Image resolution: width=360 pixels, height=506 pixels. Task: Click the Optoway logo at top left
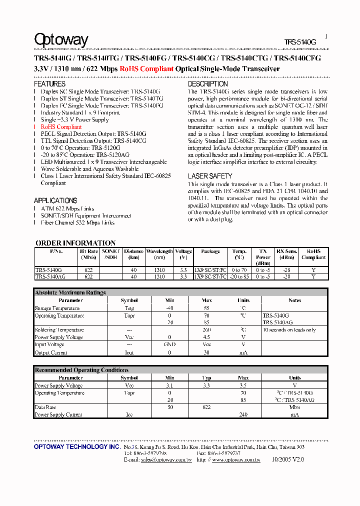(x=61, y=39)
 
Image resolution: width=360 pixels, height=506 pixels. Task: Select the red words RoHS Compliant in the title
(x=146, y=69)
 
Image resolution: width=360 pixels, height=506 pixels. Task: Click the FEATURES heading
(x=49, y=84)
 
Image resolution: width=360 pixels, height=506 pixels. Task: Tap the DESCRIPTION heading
(x=207, y=84)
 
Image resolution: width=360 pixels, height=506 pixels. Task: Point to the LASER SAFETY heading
(x=210, y=176)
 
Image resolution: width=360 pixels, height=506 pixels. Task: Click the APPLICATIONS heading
(x=55, y=200)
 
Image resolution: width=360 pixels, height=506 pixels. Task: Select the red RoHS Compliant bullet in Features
(x=61, y=127)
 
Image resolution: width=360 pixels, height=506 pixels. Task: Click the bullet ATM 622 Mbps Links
(x=67, y=208)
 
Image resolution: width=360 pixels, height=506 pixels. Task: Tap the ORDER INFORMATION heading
(x=75, y=243)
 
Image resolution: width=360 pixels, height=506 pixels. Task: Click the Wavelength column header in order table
(x=159, y=251)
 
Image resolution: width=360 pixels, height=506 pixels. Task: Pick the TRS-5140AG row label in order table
(x=50, y=276)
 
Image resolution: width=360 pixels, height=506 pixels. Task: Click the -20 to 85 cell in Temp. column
(x=239, y=276)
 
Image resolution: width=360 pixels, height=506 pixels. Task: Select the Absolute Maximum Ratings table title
(x=70, y=292)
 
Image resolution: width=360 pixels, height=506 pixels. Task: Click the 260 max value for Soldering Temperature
(x=206, y=330)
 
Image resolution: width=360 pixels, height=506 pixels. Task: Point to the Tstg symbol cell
(x=129, y=308)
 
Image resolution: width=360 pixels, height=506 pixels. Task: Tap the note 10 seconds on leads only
(x=289, y=330)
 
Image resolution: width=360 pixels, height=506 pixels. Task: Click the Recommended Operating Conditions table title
(x=81, y=370)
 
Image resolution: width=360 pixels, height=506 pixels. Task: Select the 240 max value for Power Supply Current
(x=243, y=415)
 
